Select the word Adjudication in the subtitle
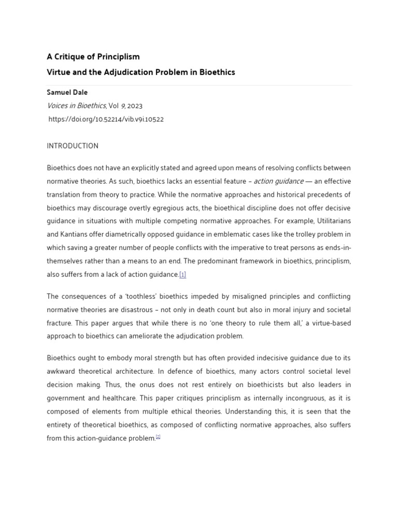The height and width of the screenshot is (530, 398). pyautogui.click(x=126, y=72)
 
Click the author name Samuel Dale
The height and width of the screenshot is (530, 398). pyautogui.click(x=67, y=92)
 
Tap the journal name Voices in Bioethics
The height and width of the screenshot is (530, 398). pyautogui.click(x=76, y=106)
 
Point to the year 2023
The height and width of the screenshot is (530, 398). pyautogui.click(x=134, y=106)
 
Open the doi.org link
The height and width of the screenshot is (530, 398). pyautogui.click(x=106, y=119)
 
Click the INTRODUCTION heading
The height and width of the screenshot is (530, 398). pyautogui.click(x=73, y=146)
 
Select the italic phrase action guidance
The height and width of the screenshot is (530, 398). pyautogui.click(x=278, y=181)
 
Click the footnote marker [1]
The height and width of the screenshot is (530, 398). pyautogui.click(x=182, y=275)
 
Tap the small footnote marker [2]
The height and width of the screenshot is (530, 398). pyautogui.click(x=158, y=437)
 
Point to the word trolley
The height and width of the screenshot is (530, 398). pyautogui.click(x=297, y=234)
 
